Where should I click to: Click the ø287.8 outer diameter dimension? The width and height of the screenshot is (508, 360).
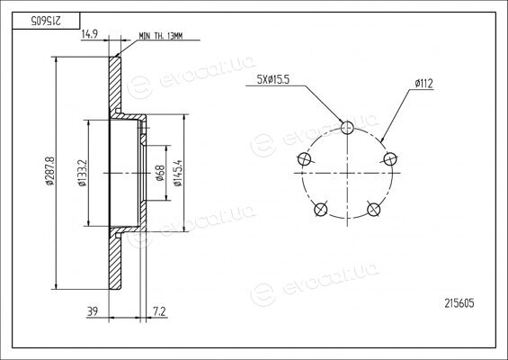tap(49, 171)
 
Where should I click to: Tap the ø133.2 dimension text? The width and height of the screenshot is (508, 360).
tap(83, 173)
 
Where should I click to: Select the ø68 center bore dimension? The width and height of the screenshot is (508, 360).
tap(160, 173)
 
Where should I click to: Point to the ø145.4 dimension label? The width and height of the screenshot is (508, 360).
tap(178, 173)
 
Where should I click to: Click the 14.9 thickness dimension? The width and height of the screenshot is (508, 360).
tap(89, 34)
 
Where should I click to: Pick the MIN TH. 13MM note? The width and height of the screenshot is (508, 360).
tap(161, 36)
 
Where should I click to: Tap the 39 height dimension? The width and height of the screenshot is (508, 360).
tap(93, 311)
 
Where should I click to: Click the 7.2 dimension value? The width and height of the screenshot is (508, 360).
tap(159, 311)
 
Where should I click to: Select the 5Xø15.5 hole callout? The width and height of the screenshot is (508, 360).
tap(272, 80)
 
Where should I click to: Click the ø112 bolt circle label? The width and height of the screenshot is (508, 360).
tap(423, 84)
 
